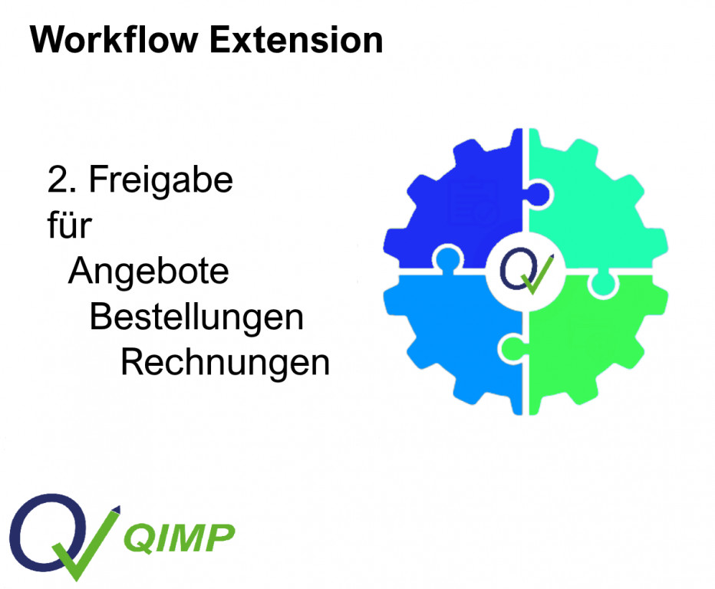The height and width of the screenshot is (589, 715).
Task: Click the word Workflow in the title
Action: click(x=114, y=40)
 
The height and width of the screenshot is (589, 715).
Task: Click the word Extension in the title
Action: click(x=296, y=40)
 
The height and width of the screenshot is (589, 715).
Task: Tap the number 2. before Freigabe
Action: click(x=61, y=179)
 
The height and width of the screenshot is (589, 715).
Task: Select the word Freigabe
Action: click(x=160, y=181)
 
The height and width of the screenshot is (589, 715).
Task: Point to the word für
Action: click(x=69, y=225)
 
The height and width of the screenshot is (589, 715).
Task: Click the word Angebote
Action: click(x=148, y=272)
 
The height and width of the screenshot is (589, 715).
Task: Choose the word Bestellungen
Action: click(x=196, y=317)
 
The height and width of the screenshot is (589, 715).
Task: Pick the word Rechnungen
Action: click(x=225, y=363)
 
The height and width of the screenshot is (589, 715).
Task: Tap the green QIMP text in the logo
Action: click(x=180, y=538)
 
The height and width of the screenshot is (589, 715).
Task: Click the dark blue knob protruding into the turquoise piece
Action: click(x=540, y=195)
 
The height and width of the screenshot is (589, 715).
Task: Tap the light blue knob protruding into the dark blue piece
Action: click(x=448, y=258)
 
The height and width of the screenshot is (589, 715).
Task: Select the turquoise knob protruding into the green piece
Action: click(x=603, y=284)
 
